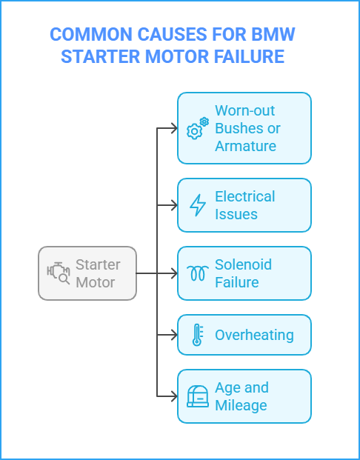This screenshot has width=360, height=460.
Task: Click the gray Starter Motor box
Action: coord(87,273)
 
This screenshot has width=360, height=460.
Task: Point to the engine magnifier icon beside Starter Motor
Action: coord(59,273)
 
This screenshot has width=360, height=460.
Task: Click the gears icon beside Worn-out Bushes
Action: coord(197,128)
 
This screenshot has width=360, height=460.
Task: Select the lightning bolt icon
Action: coord(197,205)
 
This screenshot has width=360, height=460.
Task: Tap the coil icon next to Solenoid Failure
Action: coord(197,273)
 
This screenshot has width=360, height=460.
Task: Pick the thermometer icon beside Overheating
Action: coord(197,335)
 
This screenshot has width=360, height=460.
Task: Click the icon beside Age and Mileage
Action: coord(197,396)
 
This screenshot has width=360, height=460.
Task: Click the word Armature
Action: coord(245,146)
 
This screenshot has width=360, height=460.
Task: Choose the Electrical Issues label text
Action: coord(244,205)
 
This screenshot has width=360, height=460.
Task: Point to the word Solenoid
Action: coord(243,264)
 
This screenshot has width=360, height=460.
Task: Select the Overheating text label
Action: coord(254,335)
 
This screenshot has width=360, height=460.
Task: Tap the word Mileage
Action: coord(241,405)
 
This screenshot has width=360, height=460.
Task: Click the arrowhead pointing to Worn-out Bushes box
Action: coord(174,128)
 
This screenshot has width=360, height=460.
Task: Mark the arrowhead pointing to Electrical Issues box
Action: coord(174,205)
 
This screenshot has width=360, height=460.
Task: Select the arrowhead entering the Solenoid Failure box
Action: coord(174,273)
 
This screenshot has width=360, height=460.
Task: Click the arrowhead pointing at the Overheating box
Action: coord(174,335)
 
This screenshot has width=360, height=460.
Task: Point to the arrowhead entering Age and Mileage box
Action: coord(174,396)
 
